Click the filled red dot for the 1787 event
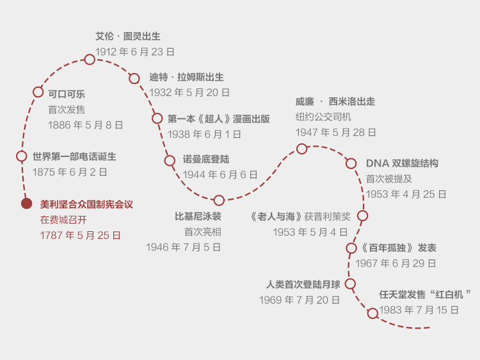click(26, 204)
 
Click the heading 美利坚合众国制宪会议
click(86, 204)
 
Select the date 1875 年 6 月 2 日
click(70, 172)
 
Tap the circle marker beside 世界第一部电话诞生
click(22, 156)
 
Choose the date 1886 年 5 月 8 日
click(85, 125)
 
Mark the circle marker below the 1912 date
click(90, 60)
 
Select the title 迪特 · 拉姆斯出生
click(186, 78)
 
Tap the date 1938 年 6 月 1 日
click(204, 135)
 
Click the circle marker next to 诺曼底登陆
click(170, 161)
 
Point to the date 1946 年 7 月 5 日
click(183, 247)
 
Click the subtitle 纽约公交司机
click(323, 117)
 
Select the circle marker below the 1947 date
click(302, 149)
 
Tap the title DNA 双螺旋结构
click(402, 163)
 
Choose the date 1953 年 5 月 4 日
click(310, 232)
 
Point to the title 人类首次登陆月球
click(303, 284)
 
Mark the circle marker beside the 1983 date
click(372, 313)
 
